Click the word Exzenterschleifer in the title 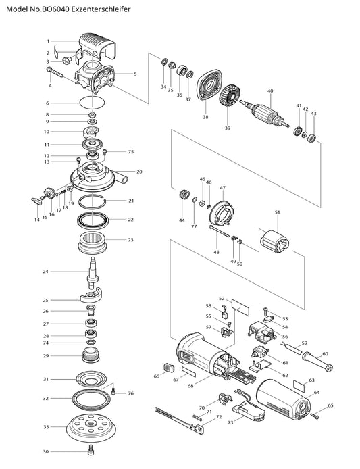pos(103,9)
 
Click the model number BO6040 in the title pos(57,9)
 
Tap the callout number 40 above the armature pos(270,91)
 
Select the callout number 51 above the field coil pos(277,212)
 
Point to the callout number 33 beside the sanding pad pos(46,427)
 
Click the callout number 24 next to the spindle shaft pos(45,272)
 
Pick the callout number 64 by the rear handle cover pos(317,392)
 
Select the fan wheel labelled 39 pos(228,96)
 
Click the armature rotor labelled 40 pos(265,113)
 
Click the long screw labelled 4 pos(55,72)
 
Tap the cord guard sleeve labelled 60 pos(317,362)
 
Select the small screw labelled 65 pos(315,416)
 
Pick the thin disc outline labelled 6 pos(93,103)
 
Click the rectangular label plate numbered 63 pos(300,386)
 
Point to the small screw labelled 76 pos(113,391)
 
